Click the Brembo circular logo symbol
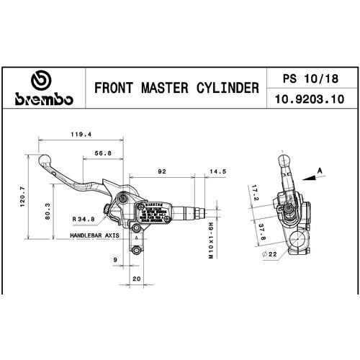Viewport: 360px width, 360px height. coord(40,81)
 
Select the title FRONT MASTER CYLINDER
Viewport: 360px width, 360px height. coord(177,88)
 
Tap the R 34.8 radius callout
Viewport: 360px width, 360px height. coord(84,219)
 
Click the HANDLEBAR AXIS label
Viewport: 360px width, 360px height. coord(94,235)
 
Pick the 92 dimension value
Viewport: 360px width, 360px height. coord(162,172)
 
